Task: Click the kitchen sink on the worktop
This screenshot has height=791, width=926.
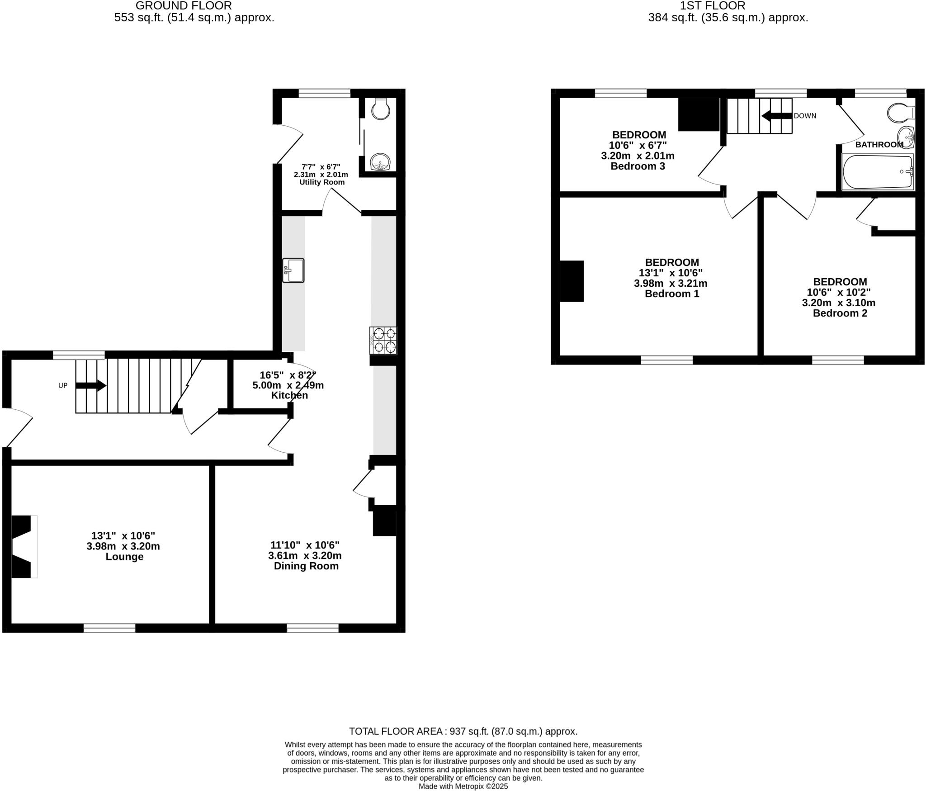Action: [x=293, y=270]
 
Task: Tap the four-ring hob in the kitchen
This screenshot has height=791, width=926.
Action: [x=383, y=341]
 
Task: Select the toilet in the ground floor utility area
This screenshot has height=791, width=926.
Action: [x=381, y=109]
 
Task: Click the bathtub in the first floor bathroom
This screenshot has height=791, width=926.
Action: [x=877, y=172]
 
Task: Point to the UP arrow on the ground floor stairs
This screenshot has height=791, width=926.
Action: [x=91, y=386]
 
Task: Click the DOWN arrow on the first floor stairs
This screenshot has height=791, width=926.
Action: [x=777, y=116]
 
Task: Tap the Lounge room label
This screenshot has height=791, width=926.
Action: [x=124, y=557]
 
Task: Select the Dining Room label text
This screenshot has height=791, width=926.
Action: [x=306, y=566]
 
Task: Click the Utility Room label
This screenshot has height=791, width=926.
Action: [x=321, y=182]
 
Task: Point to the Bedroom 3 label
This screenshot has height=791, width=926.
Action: [x=638, y=166]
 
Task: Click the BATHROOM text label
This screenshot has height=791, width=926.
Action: [x=879, y=145]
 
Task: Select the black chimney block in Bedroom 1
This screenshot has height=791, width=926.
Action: [x=572, y=281]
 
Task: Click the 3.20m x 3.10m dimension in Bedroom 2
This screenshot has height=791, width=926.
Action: [x=838, y=303]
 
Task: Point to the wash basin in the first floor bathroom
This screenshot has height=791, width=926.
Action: [x=906, y=136]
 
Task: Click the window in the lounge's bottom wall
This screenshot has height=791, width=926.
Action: [x=109, y=628]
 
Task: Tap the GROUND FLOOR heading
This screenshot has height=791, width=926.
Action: [x=184, y=6]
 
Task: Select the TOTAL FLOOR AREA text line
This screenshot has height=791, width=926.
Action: [x=463, y=731]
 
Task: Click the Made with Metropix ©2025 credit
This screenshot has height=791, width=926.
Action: [x=463, y=786]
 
